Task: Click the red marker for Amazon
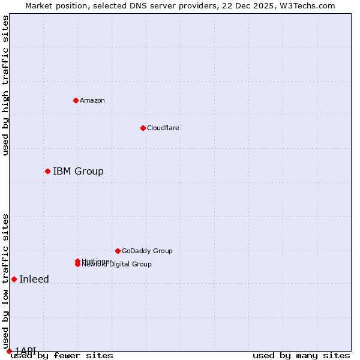click(76, 100)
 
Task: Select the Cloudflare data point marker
click(143, 128)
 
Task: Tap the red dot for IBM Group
click(47, 171)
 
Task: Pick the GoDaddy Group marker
click(118, 251)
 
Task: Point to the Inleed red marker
click(14, 279)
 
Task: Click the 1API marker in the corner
click(9, 351)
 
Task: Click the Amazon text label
click(92, 100)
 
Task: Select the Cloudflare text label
click(163, 128)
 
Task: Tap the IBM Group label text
click(78, 171)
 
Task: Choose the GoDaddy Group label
click(147, 251)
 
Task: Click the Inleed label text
click(34, 279)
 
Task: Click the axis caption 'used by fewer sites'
click(62, 355)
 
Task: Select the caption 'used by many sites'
click(301, 355)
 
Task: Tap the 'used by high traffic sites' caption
click(5, 85)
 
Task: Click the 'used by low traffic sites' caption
click(5, 281)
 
